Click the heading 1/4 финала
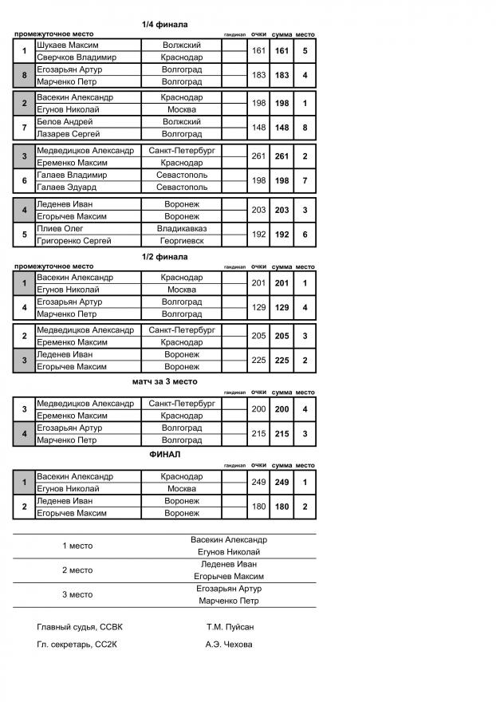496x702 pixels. (164, 25)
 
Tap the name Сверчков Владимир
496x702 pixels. (77, 57)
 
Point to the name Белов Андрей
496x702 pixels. (61, 122)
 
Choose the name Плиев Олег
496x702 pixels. (57, 228)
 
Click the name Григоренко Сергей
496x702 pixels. (74, 240)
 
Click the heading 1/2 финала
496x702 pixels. (164, 257)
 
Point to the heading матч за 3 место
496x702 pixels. (164, 381)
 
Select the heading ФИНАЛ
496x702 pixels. (164, 454)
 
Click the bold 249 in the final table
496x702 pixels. (281, 483)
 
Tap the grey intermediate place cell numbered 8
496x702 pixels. (25, 76)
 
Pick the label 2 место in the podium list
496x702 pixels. (77, 570)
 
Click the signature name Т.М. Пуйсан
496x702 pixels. (230, 627)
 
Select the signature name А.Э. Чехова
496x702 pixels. (229, 645)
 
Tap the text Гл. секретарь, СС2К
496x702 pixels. (80, 645)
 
